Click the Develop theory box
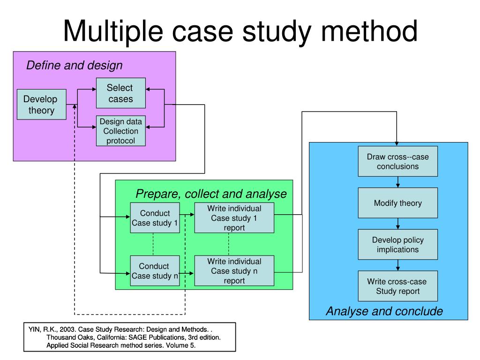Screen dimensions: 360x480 [41, 104]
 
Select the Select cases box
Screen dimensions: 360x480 [120, 93]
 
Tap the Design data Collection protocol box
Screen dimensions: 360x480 [120, 131]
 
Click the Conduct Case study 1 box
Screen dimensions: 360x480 [155, 218]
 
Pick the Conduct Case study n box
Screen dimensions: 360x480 [155, 271]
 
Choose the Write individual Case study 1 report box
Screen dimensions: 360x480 [234, 218]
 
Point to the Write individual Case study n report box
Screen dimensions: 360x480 [234, 271]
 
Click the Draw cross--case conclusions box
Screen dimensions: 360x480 [397, 161]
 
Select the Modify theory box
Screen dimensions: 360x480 [397, 203]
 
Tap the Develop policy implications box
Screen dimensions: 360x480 [397, 244]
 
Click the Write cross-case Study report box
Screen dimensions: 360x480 [397, 286]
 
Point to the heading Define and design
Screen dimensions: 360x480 [74, 65]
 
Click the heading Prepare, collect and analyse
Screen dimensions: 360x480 [211, 194]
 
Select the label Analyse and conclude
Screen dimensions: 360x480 [384, 311]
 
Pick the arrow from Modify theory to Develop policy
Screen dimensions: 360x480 [397, 224]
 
